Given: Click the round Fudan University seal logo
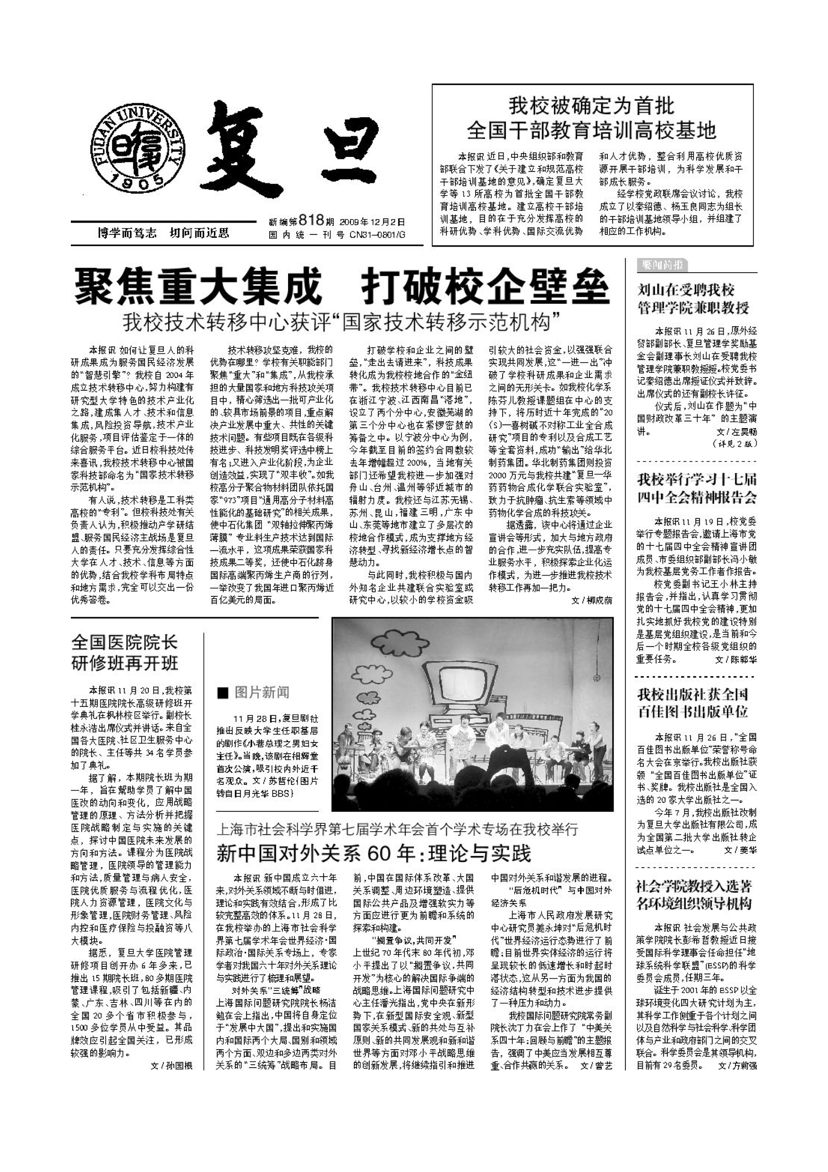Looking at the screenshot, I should [x=138, y=146].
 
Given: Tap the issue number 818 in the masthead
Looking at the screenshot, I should [x=311, y=221].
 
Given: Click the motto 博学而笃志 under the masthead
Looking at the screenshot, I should [x=127, y=234].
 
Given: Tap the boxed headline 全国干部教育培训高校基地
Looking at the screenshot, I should [x=592, y=131].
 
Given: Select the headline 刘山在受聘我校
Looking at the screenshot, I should [x=686, y=291].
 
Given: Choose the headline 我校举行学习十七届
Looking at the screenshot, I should [x=697, y=479].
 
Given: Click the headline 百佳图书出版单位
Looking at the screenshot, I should [x=692, y=711].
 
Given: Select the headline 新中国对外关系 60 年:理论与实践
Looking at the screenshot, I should [x=374, y=853].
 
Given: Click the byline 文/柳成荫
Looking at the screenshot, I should [x=591, y=600].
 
